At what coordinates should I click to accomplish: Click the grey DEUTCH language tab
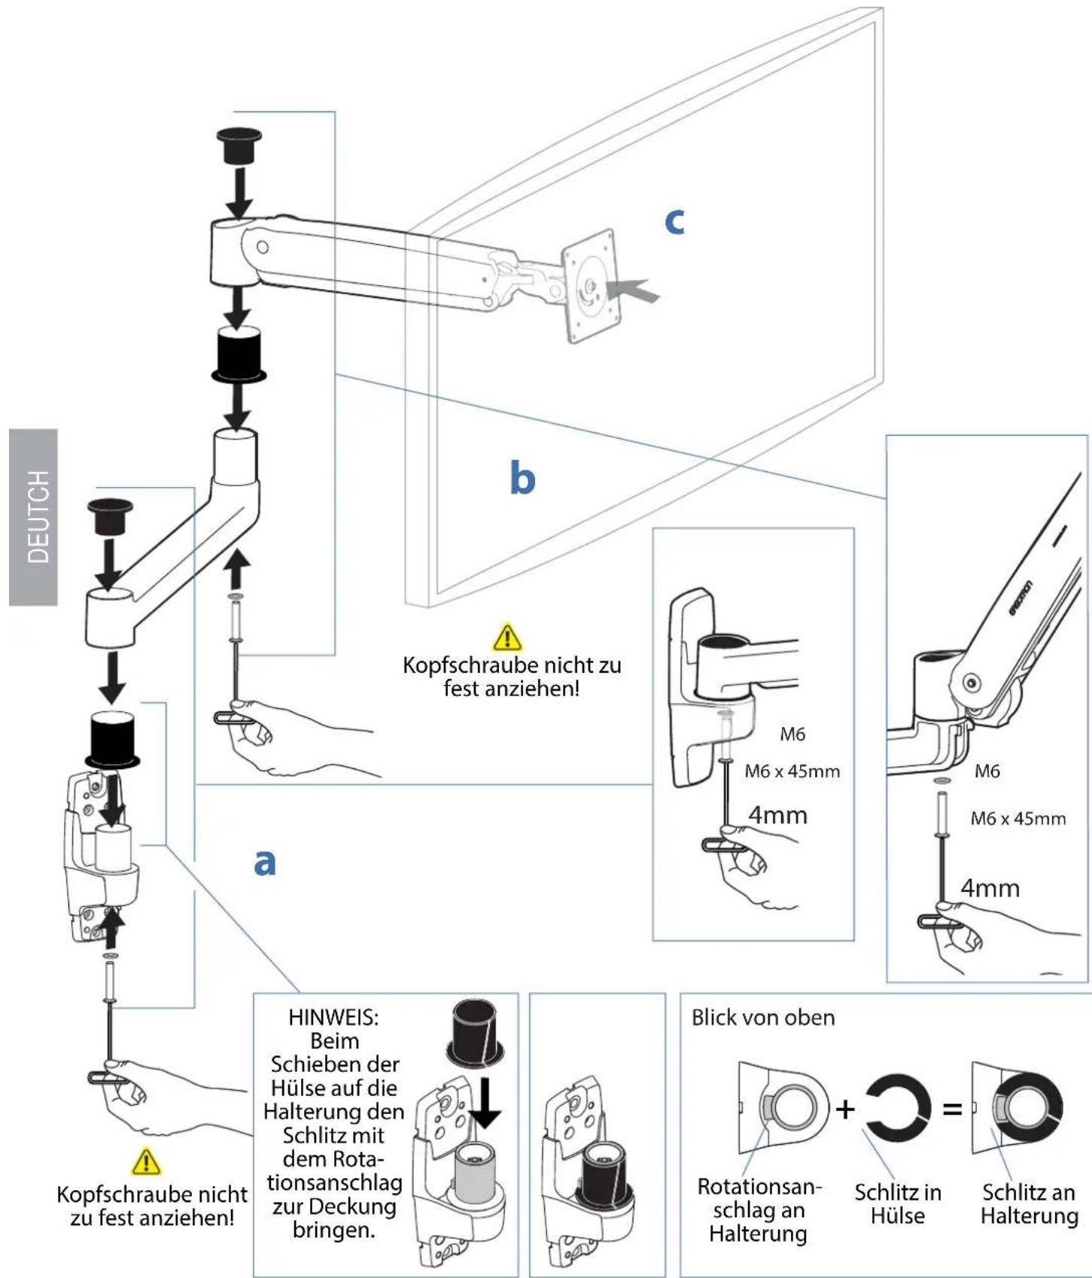pyautogui.click(x=33, y=517)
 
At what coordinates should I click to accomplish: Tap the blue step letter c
pyautogui.click(x=675, y=221)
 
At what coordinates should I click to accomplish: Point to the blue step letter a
pyautogui.click(x=263, y=862)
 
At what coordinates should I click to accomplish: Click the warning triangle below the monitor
pyautogui.click(x=508, y=637)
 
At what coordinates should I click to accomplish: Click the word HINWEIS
pyautogui.click(x=333, y=1017)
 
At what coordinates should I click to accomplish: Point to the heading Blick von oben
pyautogui.click(x=763, y=1018)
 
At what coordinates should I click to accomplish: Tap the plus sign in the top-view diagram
pyautogui.click(x=846, y=1108)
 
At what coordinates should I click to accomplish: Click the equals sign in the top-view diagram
pyautogui.click(x=953, y=1109)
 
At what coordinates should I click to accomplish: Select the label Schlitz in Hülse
pyautogui.click(x=898, y=1203)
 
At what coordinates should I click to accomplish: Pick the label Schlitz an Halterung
pyautogui.click(x=1029, y=1203)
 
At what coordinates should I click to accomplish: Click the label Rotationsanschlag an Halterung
pyautogui.click(x=759, y=1210)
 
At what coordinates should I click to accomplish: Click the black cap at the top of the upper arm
pyautogui.click(x=239, y=146)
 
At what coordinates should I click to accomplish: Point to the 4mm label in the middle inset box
pyautogui.click(x=777, y=815)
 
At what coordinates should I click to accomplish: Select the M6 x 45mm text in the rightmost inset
pyautogui.click(x=1018, y=819)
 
